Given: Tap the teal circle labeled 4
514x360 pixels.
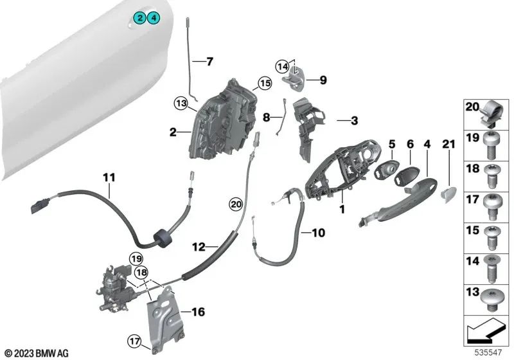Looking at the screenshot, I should (154, 18).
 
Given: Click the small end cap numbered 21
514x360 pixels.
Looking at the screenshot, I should (448, 192).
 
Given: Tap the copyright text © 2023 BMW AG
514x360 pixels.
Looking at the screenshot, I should (36, 353).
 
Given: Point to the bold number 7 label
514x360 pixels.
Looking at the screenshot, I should (209, 62).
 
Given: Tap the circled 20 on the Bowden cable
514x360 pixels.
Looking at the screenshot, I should (236, 204).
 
